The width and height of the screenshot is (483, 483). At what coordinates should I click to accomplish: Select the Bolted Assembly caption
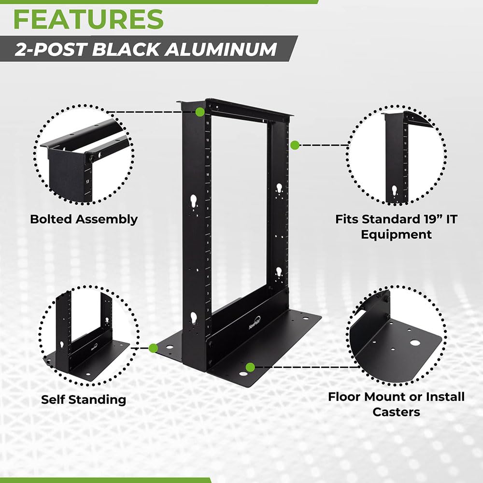(x=84, y=219)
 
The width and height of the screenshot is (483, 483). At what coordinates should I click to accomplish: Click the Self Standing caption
(x=84, y=399)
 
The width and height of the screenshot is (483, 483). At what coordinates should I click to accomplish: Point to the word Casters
(x=396, y=412)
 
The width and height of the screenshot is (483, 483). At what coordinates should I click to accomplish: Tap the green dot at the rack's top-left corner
(x=199, y=112)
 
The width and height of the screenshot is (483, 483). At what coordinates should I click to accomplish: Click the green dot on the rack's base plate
(x=250, y=368)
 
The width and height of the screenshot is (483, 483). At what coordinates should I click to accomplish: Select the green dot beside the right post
(x=294, y=144)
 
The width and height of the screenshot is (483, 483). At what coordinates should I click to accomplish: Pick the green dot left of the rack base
(x=154, y=348)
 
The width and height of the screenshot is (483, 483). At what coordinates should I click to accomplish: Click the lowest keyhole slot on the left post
(x=194, y=318)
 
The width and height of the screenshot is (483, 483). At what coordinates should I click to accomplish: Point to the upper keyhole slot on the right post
(x=279, y=187)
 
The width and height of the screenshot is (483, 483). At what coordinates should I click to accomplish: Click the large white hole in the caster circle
(x=414, y=342)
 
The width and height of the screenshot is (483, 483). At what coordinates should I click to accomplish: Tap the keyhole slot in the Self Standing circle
(x=62, y=345)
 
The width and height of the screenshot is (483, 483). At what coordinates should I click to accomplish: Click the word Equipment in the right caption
(x=396, y=235)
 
